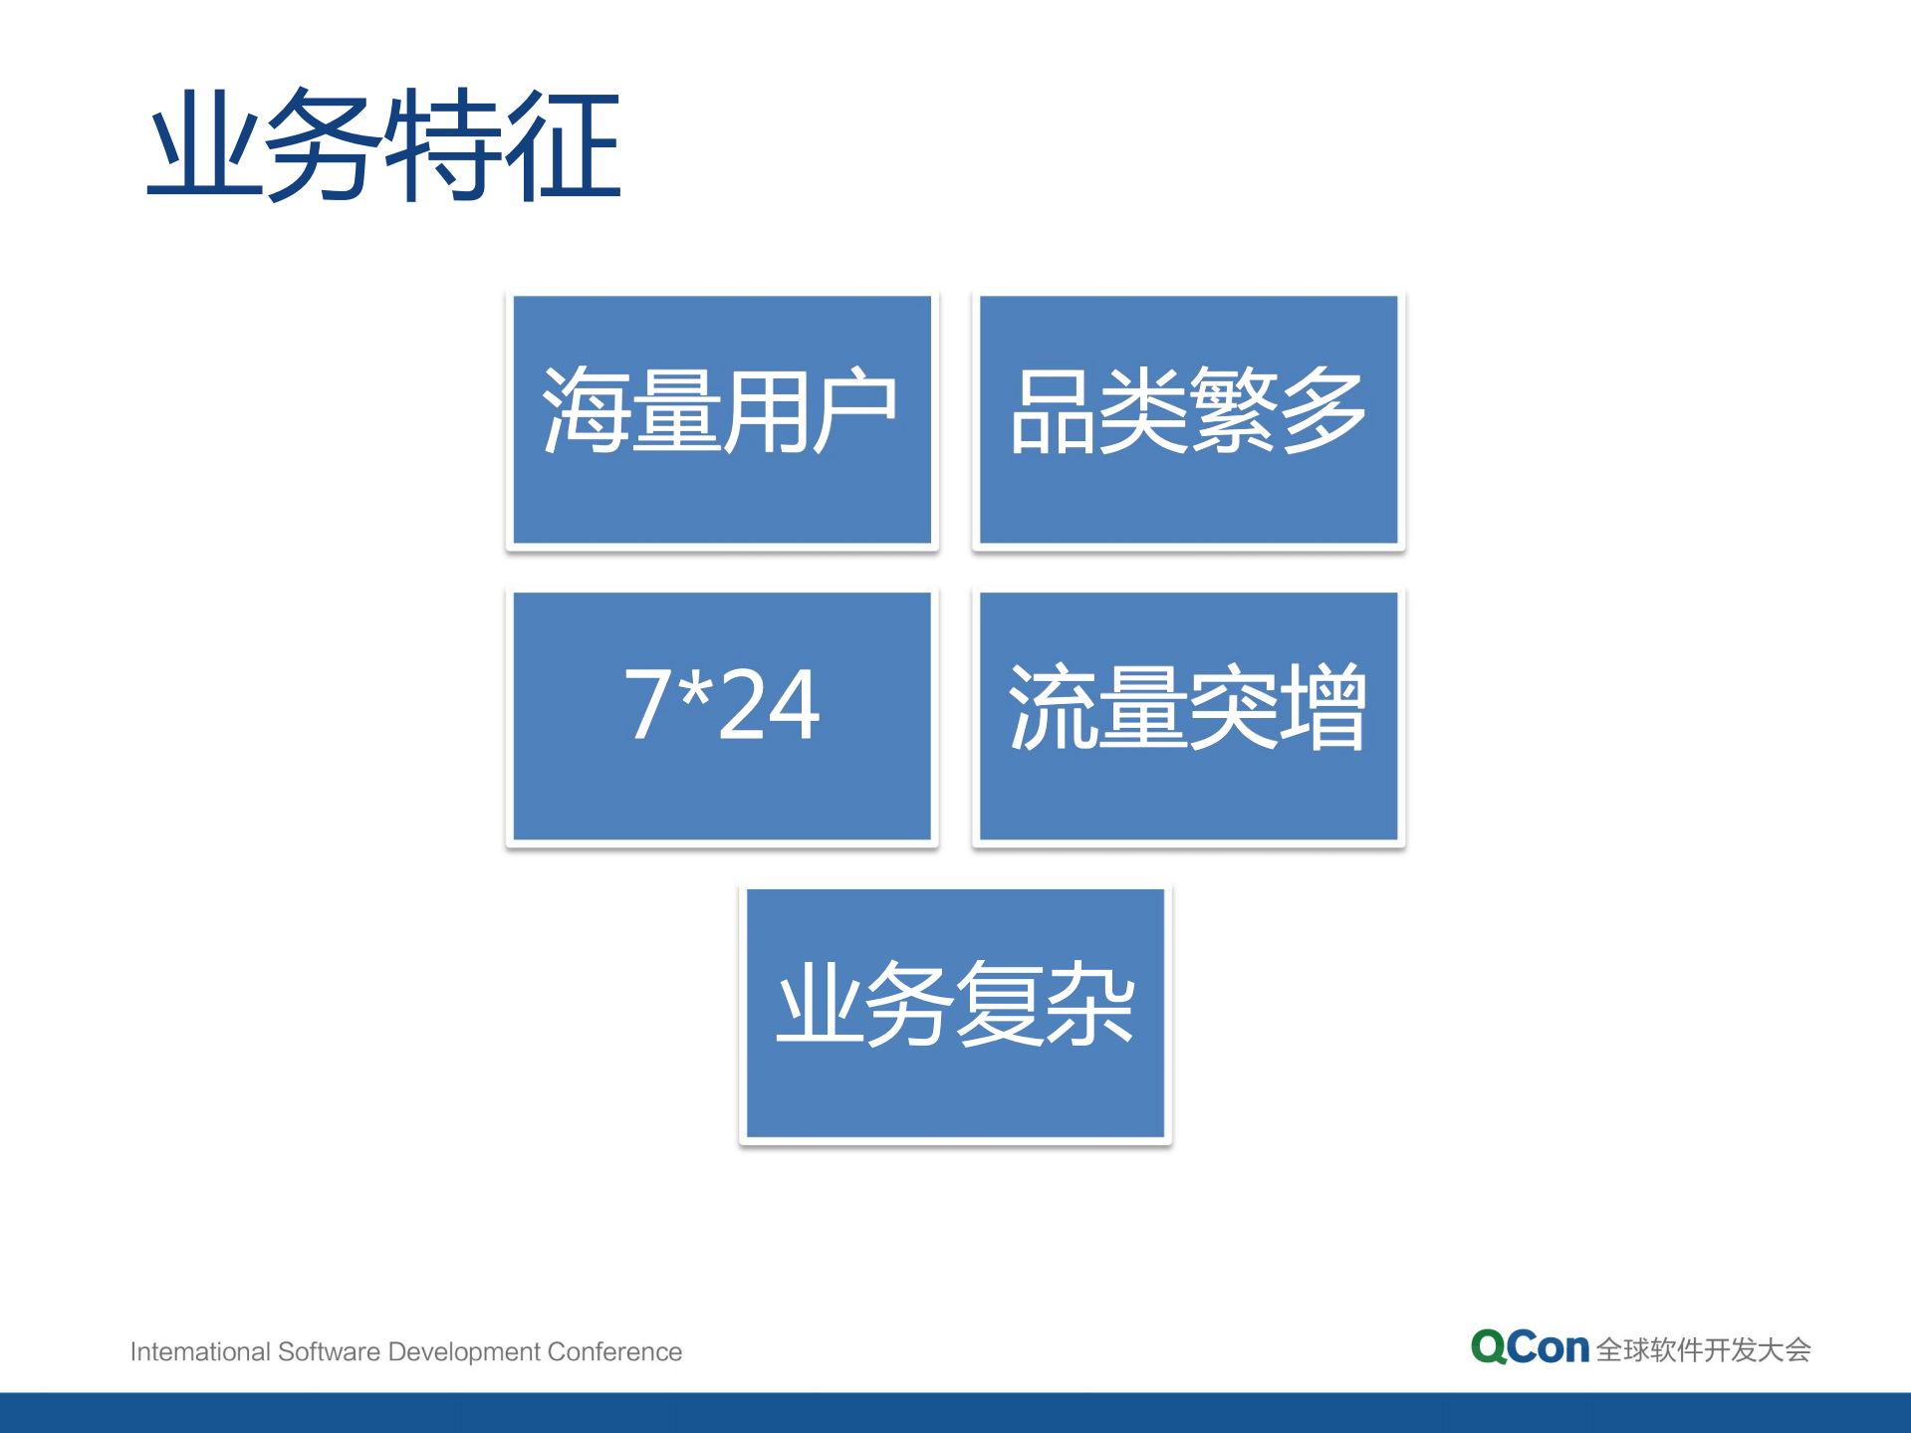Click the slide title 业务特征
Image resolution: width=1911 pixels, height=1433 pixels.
click(384, 145)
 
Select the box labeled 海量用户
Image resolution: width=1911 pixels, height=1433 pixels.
click(722, 419)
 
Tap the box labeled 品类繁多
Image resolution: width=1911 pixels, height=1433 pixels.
click(1188, 419)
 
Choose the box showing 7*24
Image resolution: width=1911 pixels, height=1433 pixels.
click(722, 716)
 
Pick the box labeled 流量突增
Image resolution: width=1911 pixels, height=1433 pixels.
click(1188, 716)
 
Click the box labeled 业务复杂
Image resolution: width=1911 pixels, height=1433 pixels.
click(955, 1013)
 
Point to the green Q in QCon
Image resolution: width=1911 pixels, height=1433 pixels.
click(1489, 1347)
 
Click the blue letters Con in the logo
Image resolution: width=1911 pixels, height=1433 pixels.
click(1549, 1348)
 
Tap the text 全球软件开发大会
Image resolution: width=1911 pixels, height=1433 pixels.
click(1703, 1350)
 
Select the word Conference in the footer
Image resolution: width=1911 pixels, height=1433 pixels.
click(614, 1351)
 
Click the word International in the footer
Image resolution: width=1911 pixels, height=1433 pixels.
click(200, 1351)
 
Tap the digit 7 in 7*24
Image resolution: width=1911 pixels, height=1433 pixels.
click(647, 705)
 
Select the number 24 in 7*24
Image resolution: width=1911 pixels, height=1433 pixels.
click(769, 705)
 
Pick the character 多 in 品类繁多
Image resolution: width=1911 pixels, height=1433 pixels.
click(1322, 410)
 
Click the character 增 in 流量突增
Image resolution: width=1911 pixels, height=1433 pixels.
click(1322, 707)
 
